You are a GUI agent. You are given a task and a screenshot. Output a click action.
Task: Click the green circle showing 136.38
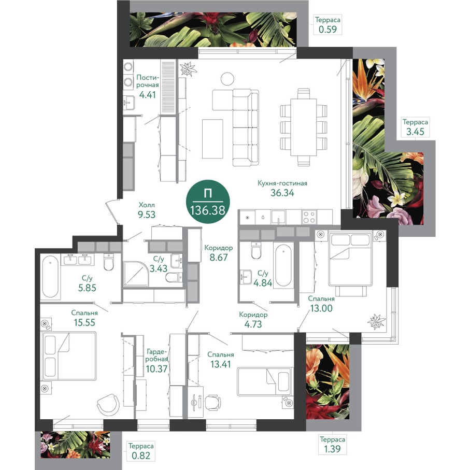[208, 202]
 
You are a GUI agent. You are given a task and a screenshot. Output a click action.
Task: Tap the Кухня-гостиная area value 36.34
[282, 193]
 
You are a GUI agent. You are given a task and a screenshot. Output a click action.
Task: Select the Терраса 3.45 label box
[415, 127]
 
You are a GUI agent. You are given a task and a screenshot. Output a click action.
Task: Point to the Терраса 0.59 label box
[327, 25]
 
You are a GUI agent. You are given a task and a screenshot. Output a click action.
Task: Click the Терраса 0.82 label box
[141, 451]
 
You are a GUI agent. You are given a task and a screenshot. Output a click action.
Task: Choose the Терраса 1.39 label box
[332, 445]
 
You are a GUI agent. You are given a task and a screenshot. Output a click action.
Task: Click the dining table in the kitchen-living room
[303, 127]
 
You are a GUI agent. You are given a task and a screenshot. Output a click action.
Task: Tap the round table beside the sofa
[227, 79]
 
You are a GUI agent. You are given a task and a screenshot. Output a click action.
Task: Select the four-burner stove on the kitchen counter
[309, 217]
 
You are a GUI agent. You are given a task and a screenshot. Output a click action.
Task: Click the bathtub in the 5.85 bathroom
[50, 276]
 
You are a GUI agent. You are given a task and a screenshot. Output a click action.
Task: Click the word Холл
[147, 205]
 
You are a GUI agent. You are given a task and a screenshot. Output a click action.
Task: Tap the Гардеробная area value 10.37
[156, 368]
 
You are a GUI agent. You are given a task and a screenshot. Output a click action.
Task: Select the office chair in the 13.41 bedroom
[213, 402]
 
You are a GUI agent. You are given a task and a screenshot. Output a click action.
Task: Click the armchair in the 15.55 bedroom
[108, 404]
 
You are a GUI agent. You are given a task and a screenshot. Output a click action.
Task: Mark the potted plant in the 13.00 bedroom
[377, 322]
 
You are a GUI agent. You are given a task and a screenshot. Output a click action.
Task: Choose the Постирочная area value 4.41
[148, 95]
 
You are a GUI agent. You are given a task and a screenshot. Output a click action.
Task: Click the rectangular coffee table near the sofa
[212, 139]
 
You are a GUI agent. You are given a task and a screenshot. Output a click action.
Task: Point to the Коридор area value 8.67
[219, 257]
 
